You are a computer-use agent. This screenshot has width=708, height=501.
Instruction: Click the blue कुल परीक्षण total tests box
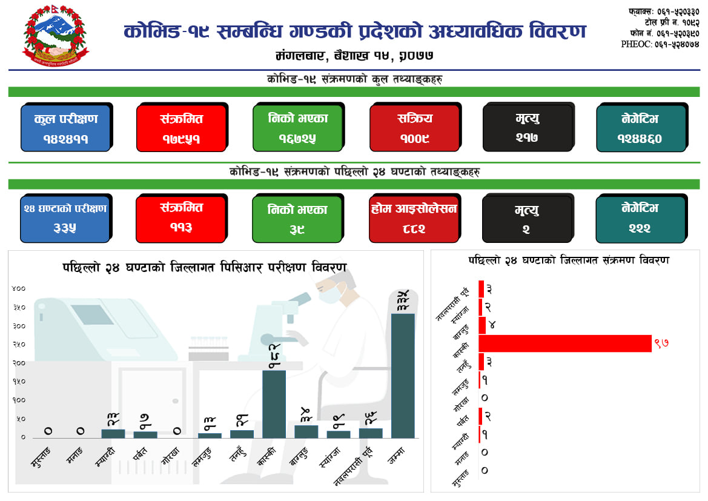65,128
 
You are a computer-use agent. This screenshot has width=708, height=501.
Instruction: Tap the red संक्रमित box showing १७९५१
181,128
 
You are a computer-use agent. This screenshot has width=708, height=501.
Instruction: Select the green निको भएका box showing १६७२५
297,128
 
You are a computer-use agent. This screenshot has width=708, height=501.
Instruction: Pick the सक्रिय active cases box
415,128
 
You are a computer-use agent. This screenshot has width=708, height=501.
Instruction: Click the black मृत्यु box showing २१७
528,128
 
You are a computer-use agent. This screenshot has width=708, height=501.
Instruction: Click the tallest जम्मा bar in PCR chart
403,376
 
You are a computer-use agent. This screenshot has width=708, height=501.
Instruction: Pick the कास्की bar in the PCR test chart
274,404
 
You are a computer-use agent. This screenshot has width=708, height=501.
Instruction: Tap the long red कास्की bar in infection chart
564,343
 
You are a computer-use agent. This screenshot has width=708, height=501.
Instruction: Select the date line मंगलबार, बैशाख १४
354,56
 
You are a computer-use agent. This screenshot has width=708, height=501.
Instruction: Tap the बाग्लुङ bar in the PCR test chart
306,431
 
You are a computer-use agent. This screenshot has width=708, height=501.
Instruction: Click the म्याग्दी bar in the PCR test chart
113,433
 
